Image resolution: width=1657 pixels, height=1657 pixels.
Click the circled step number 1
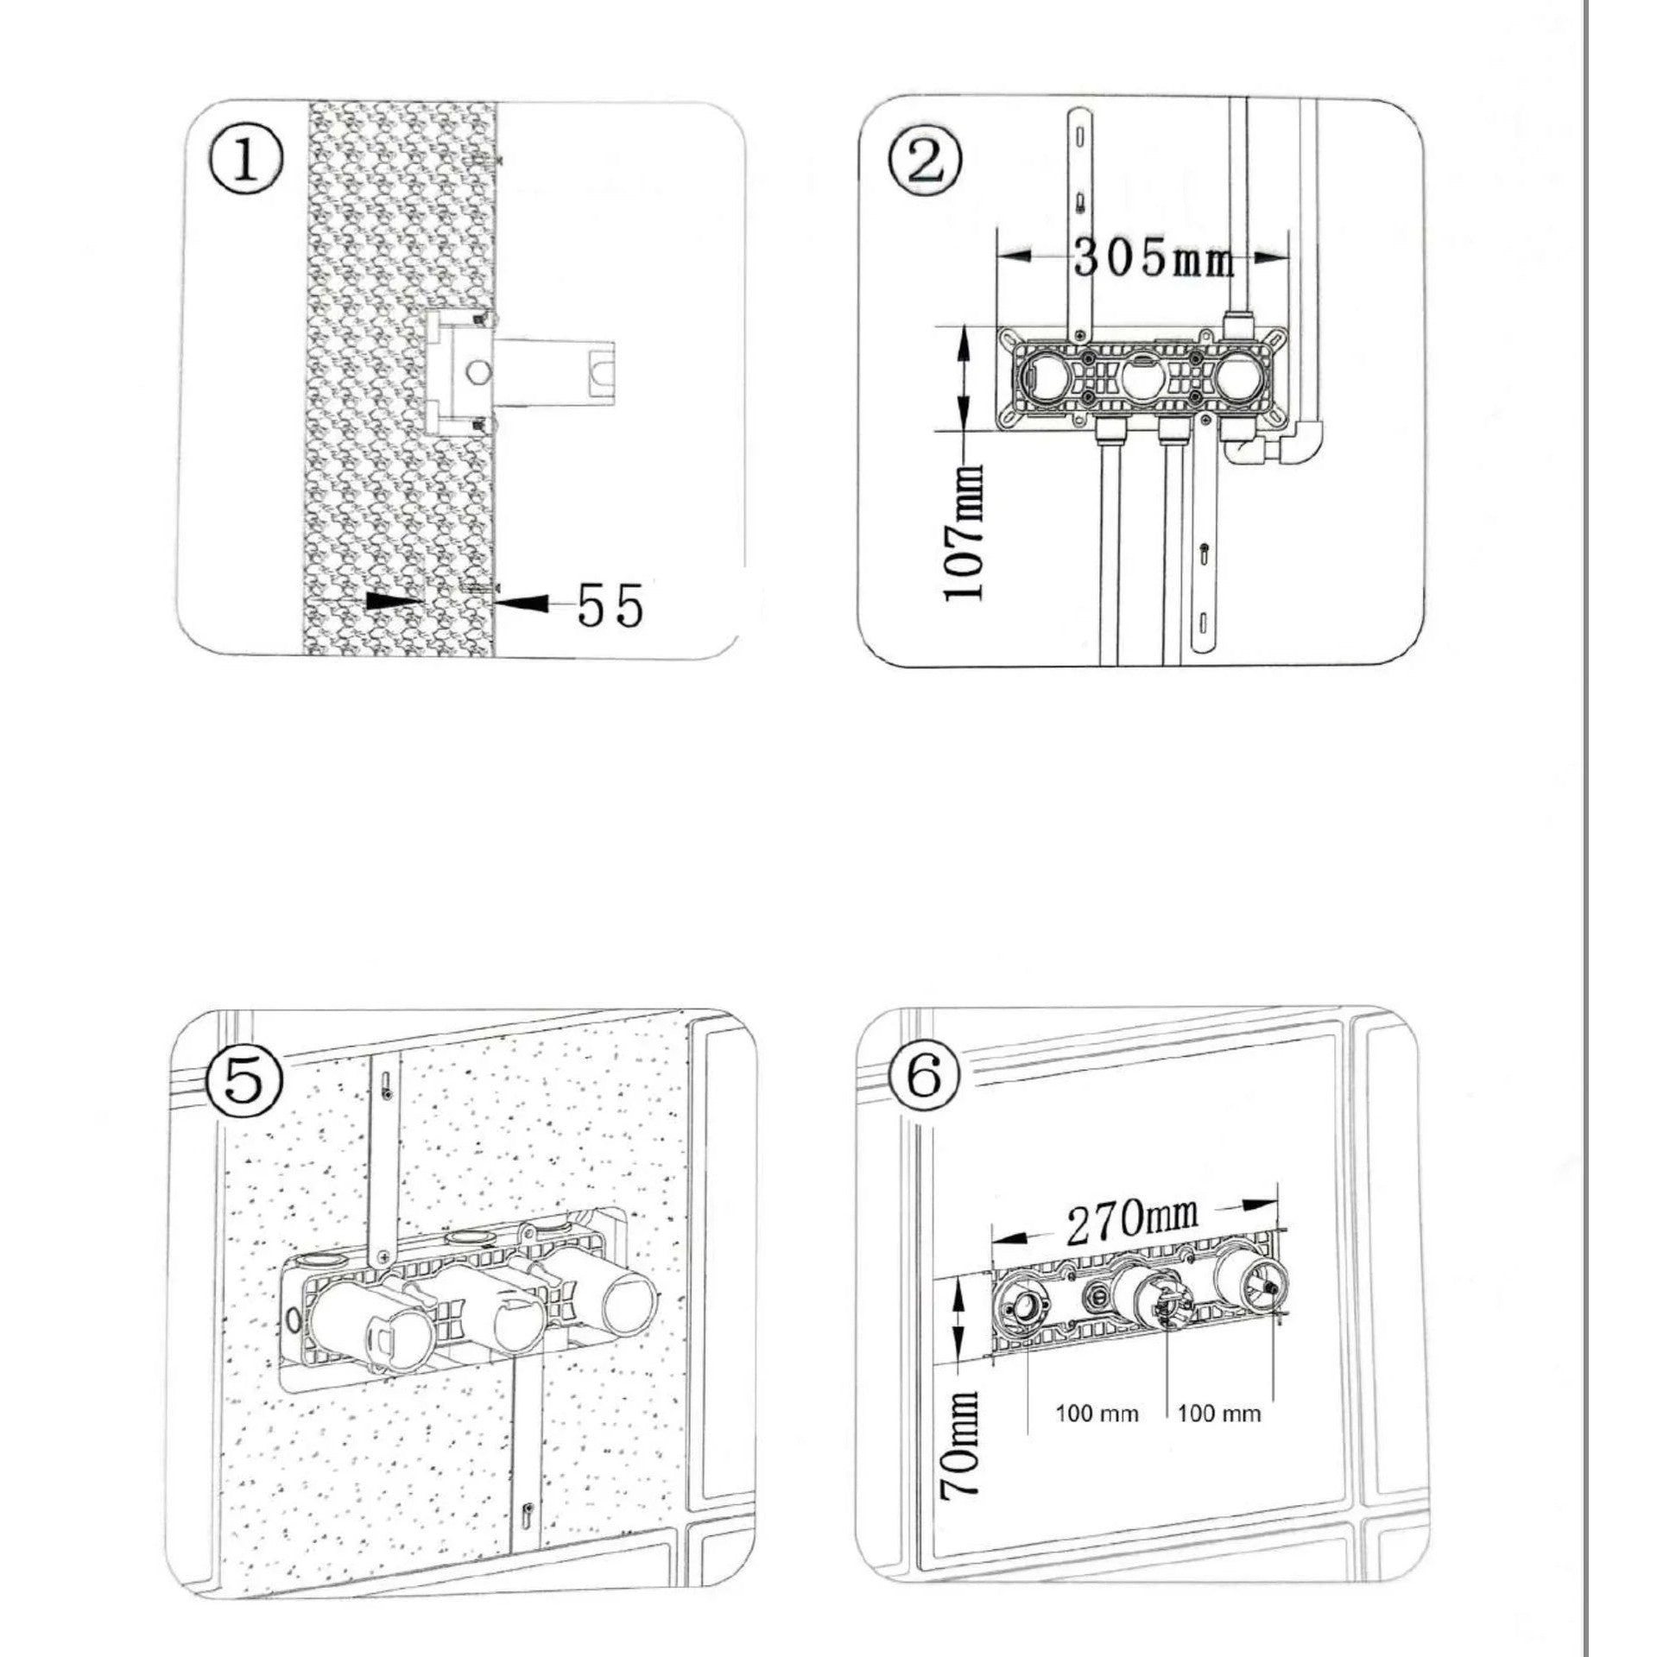(x=246, y=161)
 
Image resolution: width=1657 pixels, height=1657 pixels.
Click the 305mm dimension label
(x=1153, y=256)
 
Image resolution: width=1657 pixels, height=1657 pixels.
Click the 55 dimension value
(x=610, y=605)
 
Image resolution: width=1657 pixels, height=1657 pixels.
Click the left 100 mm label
(x=1097, y=1414)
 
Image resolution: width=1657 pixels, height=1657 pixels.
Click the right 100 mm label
(x=1219, y=1414)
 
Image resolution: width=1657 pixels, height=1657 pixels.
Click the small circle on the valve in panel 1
(x=477, y=371)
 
